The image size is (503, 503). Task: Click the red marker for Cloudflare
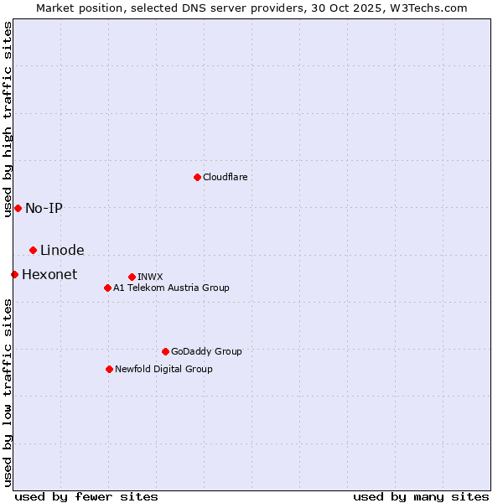tap(197, 177)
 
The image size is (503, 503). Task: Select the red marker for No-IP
tap(18, 208)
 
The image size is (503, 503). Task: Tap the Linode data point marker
tap(33, 250)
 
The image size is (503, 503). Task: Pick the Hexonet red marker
tap(14, 274)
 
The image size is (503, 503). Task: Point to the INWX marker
tap(132, 277)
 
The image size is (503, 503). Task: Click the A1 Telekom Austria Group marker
tap(107, 288)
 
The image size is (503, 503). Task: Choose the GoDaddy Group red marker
tap(165, 351)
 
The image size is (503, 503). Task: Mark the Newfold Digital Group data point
tap(109, 369)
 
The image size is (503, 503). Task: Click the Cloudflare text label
tap(225, 177)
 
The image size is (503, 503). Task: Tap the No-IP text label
tap(44, 208)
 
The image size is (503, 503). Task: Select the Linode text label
tap(62, 250)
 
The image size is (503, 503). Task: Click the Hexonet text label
tap(49, 274)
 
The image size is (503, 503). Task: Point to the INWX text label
tap(150, 277)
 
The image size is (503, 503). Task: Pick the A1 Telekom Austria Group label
tap(171, 288)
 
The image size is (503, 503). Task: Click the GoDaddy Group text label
tap(206, 351)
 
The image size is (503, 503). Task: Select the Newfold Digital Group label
tap(163, 369)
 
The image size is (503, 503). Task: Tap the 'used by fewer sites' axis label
tap(86, 496)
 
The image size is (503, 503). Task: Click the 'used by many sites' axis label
tap(421, 496)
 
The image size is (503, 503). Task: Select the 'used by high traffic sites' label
tap(8, 119)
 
